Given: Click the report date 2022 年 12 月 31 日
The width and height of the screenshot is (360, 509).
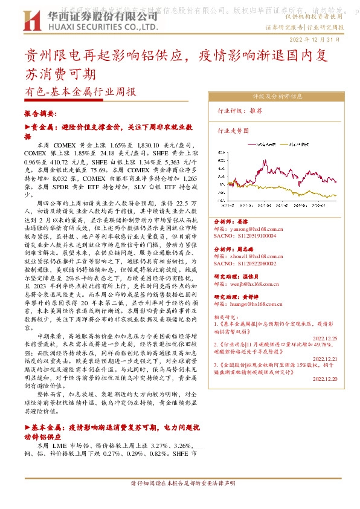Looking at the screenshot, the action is [x=316, y=39].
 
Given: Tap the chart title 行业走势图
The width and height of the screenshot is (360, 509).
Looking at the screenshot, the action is [x=233, y=130].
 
